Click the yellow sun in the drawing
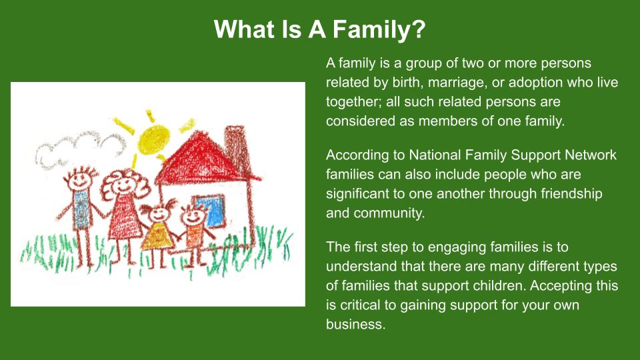click(x=153, y=139)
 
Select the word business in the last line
click(x=355, y=324)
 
